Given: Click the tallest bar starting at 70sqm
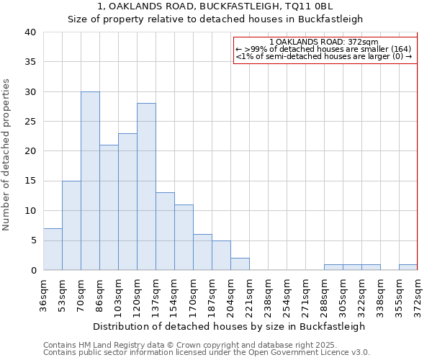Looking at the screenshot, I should pyautogui.click(x=90, y=181).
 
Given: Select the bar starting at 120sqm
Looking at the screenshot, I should pyautogui.click(x=146, y=186).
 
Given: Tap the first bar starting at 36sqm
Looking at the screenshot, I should pyautogui.click(x=53, y=249).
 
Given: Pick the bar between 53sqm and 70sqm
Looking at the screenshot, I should pyautogui.click(x=71, y=225).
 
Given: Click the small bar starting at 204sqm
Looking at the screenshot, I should pyautogui.click(x=240, y=264).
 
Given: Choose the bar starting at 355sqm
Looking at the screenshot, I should pyautogui.click(x=408, y=267).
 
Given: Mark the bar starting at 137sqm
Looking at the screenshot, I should pyautogui.click(x=165, y=231).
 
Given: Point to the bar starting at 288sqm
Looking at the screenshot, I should pyautogui.click(x=333, y=267).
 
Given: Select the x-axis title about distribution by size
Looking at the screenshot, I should pyautogui.click(x=230, y=326).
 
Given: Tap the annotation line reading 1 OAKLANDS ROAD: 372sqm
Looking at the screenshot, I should pyautogui.click(x=323, y=42).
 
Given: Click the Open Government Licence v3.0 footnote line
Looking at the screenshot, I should pyautogui.click(x=207, y=352).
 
